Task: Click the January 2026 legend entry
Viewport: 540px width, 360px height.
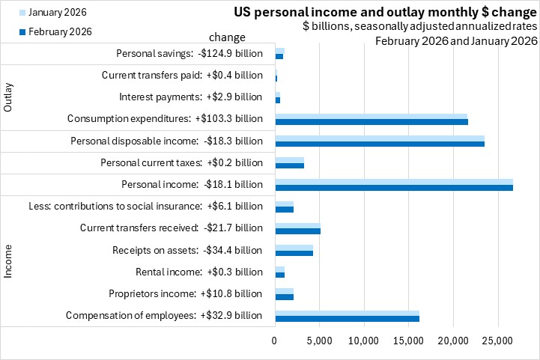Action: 54,13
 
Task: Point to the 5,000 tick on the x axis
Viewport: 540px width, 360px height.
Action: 320,341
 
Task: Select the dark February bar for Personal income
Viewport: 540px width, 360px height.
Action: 394,187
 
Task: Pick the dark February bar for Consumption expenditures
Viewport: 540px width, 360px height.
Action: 371,121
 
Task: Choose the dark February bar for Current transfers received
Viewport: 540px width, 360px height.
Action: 297,231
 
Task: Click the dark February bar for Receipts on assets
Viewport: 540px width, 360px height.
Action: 294,253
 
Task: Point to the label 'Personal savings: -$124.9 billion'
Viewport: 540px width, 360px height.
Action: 190,53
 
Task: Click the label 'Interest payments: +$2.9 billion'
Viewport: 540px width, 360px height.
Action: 191,97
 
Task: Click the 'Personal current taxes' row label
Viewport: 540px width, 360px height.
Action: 182,162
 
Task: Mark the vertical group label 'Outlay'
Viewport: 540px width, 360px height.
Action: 9,97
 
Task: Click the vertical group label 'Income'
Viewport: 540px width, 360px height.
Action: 9,260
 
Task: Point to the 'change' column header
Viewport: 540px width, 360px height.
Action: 226,37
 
